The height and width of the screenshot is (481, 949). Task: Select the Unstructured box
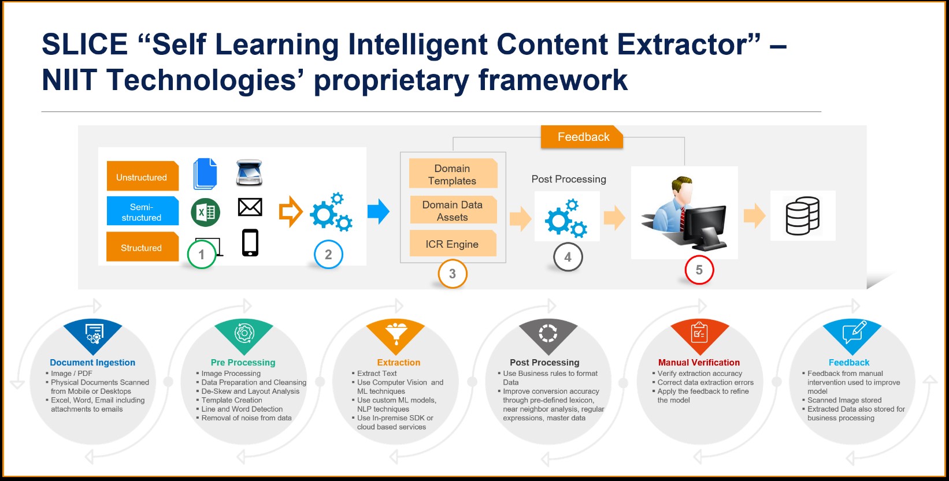[142, 176]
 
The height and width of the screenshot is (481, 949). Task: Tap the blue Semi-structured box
[142, 211]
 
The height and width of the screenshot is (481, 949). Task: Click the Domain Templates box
[453, 173]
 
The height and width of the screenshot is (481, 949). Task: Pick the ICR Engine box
[453, 244]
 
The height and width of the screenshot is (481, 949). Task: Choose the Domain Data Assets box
[453, 210]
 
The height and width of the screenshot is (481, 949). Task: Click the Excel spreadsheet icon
[206, 212]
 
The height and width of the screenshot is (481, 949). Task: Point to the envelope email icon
[250, 207]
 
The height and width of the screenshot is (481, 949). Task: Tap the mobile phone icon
[250, 243]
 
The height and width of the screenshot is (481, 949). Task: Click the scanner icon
[249, 172]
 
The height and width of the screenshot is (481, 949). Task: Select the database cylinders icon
[802, 215]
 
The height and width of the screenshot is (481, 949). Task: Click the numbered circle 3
[453, 274]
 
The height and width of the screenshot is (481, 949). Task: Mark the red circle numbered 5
[699, 270]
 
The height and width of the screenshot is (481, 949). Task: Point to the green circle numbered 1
[201, 254]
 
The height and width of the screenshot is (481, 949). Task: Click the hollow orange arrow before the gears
[291, 211]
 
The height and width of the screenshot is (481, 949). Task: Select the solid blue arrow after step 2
[379, 211]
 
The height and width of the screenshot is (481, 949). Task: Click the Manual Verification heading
[699, 363]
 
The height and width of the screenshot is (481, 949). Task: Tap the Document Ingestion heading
[92, 363]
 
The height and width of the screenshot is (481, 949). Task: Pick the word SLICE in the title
[85, 44]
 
